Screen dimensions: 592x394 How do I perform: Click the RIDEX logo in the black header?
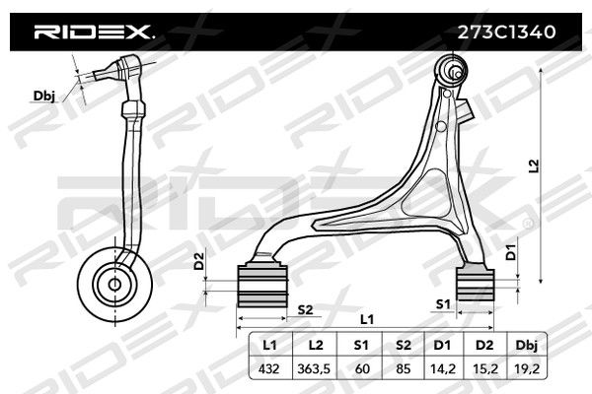(94, 33)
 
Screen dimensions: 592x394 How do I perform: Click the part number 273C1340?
(506, 33)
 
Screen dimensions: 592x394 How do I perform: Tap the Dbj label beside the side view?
(44, 97)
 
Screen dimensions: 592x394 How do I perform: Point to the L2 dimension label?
(533, 166)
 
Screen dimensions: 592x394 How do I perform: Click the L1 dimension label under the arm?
(367, 320)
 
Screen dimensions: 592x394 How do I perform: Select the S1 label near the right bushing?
(443, 304)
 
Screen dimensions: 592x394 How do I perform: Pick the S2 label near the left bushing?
(305, 310)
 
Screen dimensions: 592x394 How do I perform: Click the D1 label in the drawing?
(511, 252)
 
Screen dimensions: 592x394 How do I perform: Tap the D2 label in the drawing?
(199, 261)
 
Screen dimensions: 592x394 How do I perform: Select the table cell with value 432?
(268, 368)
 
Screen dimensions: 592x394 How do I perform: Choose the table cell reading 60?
(362, 368)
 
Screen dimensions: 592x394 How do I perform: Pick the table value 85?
(403, 368)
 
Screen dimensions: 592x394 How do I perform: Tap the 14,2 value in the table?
(442, 368)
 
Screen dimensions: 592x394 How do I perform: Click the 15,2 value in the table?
(484, 368)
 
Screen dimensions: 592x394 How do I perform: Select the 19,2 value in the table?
(527, 368)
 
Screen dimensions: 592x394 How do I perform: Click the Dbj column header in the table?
(526, 346)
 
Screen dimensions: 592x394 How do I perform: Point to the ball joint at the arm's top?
(452, 71)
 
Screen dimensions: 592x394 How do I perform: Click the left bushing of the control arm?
(262, 286)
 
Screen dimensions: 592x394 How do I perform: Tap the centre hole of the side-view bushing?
(114, 285)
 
